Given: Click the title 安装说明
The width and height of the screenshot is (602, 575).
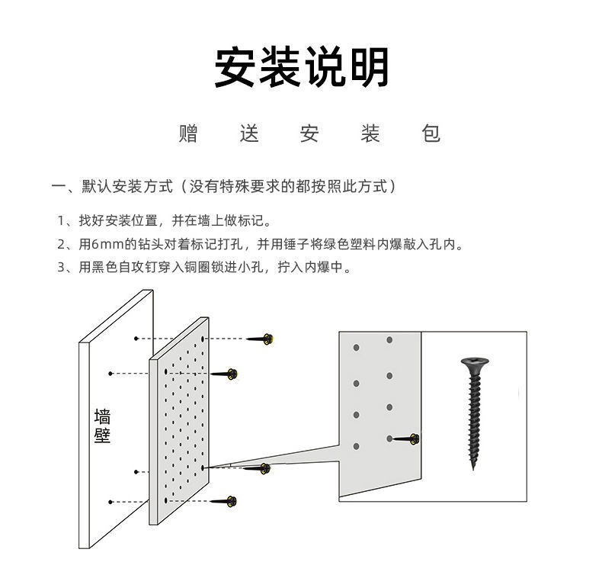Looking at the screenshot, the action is point(301,67).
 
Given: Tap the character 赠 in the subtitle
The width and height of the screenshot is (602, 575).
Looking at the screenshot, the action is point(188,134).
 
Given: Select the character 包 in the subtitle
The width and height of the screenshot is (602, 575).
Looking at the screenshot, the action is point(431,134).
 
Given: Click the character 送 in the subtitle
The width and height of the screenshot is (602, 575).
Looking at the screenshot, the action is point(249,134).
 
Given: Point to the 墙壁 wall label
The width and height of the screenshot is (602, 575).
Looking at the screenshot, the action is point(102,426).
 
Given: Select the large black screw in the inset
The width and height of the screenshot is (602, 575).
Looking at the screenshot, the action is point(473,412).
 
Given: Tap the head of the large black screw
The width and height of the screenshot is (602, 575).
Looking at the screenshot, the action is point(473,361).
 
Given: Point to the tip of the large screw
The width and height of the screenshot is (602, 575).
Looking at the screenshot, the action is point(473,467).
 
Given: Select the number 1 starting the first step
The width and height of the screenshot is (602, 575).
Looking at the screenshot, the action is point(62,221).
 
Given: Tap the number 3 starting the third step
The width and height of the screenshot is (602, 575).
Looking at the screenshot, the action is point(62,268).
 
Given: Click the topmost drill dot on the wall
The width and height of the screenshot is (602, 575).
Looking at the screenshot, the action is point(135,338).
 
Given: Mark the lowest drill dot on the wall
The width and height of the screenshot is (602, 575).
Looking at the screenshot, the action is point(111,501).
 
